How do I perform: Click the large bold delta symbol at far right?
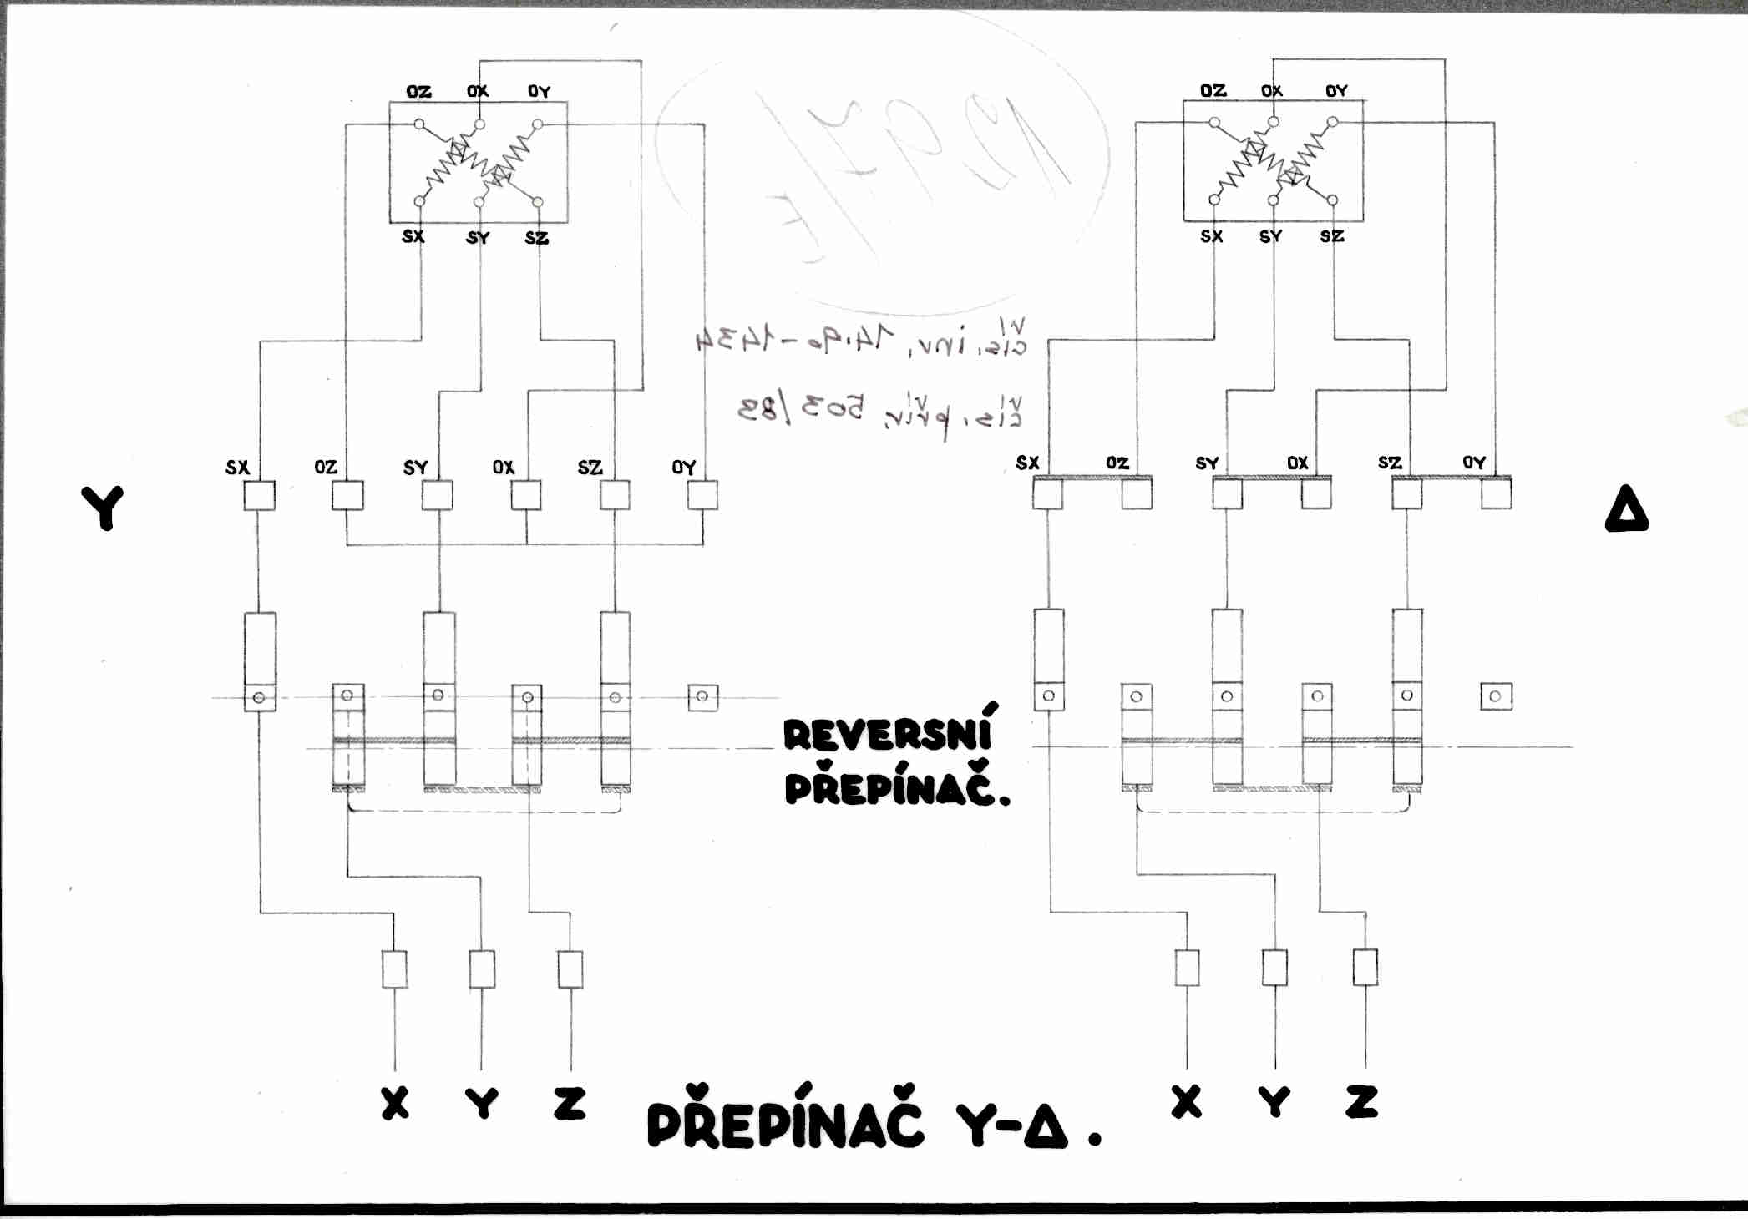click(1626, 510)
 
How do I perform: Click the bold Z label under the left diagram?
click(570, 1103)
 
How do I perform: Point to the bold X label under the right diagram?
click(1186, 1101)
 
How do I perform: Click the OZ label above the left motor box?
click(418, 91)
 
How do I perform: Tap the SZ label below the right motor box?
click(1332, 236)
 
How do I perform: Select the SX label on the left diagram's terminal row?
click(237, 467)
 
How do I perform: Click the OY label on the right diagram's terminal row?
click(1474, 462)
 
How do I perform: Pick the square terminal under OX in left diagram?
click(525, 495)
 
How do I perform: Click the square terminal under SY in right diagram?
click(1227, 493)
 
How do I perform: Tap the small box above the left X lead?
click(394, 969)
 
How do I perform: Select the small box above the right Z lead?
click(1365, 967)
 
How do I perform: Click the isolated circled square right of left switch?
click(702, 696)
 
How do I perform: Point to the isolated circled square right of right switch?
click(1495, 696)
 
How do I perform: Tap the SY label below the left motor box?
click(478, 238)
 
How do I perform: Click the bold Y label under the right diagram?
click(1274, 1102)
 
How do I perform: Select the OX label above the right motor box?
click(1271, 90)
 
